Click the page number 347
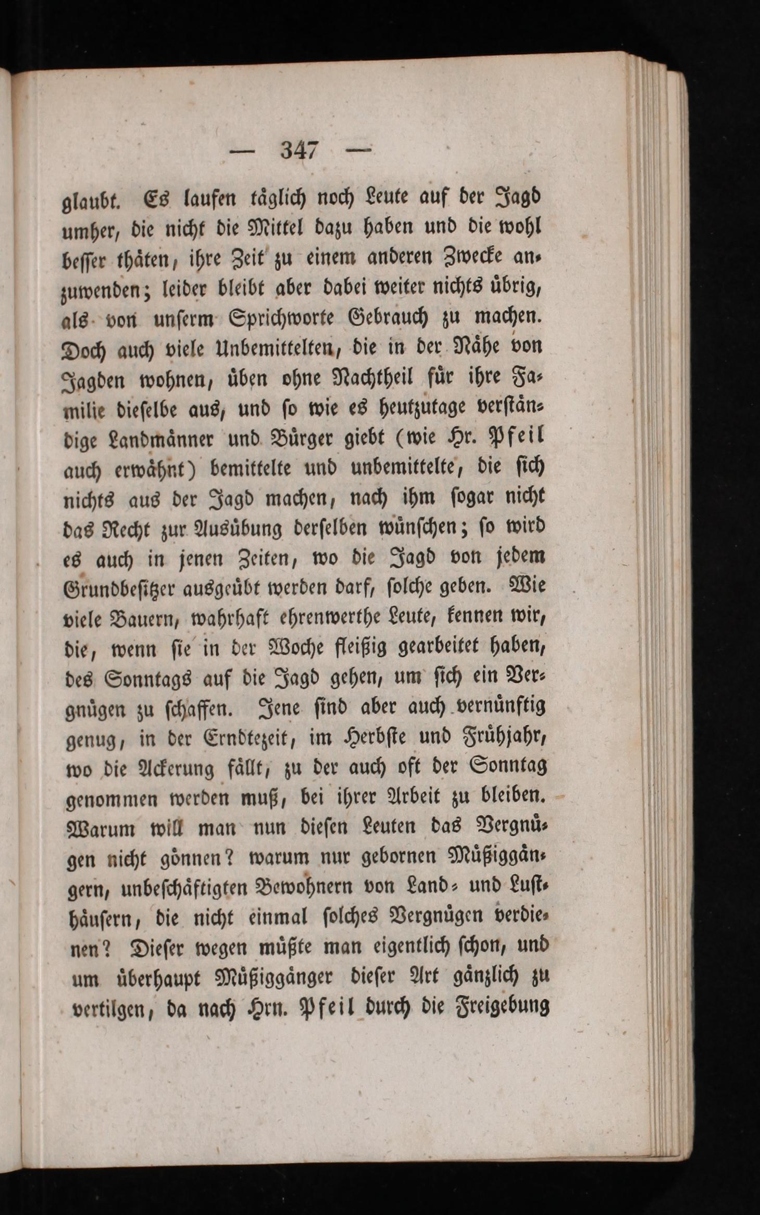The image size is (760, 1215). point(299,151)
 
